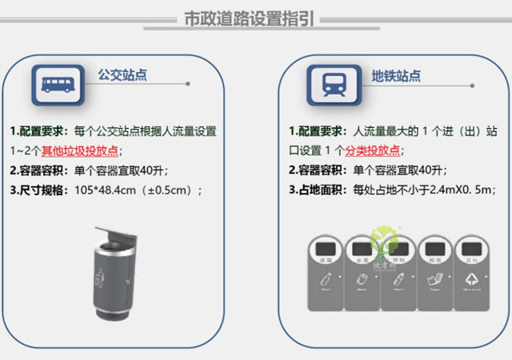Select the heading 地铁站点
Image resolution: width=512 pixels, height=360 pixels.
[x=396, y=76]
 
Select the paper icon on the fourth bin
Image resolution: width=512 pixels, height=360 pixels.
[x=434, y=279]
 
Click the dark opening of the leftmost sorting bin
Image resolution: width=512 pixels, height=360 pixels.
[x=326, y=247]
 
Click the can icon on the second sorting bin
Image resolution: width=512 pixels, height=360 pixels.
[x=362, y=279]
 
